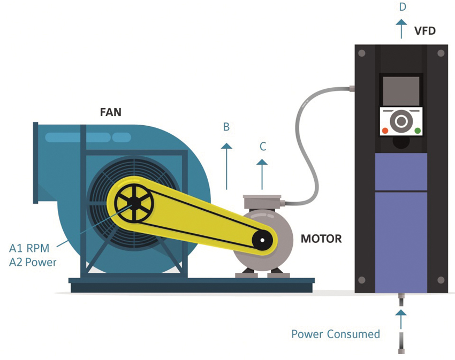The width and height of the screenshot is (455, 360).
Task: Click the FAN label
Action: coord(111,112)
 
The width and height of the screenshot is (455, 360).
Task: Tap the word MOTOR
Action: coord(321,239)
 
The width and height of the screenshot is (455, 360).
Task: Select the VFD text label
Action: coord(424,30)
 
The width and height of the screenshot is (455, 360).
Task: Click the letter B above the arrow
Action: coord(226,127)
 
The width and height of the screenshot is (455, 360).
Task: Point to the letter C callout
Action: coord(262,146)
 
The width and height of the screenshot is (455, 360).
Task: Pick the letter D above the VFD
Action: coord(403,7)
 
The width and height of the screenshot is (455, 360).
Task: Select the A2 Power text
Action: coord(33,262)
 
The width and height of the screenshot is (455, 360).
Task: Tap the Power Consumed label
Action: coord(336,334)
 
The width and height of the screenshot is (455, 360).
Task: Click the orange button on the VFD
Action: coord(385,131)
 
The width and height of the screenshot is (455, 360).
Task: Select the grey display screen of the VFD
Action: coord(401,90)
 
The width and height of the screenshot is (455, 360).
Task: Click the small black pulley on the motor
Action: coord(262,241)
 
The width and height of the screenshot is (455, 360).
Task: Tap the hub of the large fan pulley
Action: coord(134,204)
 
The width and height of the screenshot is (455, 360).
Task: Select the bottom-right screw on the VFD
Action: coord(441,280)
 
